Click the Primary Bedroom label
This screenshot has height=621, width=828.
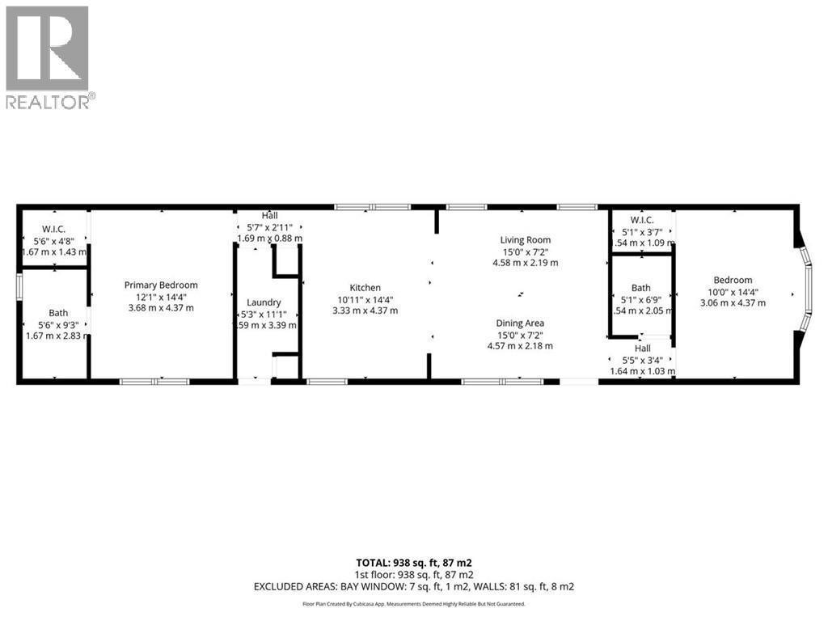[161, 285]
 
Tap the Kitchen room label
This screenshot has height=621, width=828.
[365, 288]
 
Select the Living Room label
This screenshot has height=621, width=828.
[526, 239]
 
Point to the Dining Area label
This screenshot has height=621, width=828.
[520, 323]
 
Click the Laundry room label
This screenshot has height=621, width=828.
[264, 302]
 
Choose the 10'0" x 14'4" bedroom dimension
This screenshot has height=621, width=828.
[733, 292]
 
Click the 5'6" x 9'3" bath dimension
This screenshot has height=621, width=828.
[47, 324]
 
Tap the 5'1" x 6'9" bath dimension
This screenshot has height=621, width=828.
[640, 299]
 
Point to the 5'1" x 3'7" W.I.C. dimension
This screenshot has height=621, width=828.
[642, 232]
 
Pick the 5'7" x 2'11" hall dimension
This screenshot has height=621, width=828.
[269, 227]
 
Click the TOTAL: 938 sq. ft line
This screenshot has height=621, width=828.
[413, 562]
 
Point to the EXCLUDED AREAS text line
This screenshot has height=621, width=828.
[413, 586]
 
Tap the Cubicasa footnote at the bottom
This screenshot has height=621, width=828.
[413, 604]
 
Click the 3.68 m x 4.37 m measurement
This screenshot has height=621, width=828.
[161, 307]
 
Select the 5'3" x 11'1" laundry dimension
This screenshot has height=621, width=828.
[264, 314]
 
